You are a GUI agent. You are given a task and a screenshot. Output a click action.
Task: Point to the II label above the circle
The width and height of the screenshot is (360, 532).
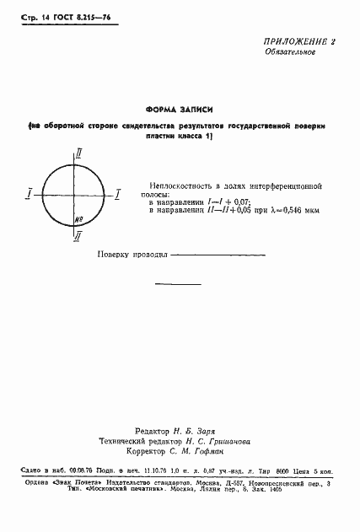[78, 153]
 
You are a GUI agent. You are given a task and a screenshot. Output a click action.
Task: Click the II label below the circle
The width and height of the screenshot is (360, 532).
[78, 238]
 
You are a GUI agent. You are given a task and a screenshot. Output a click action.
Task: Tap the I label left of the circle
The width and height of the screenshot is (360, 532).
[30, 195]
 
